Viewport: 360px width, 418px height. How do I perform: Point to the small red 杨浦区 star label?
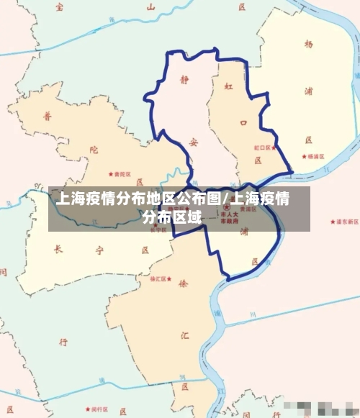coord(314,155)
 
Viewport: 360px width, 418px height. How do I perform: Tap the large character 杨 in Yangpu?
coord(309,45)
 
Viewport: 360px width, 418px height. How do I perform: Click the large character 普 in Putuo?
coord(49,116)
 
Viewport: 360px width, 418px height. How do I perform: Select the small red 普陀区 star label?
coord(119,174)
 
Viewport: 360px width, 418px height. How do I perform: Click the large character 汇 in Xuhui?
coord(186,334)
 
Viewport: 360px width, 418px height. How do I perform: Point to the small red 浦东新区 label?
coord(343,222)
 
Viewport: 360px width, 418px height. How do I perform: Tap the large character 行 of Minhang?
coord(63,342)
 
